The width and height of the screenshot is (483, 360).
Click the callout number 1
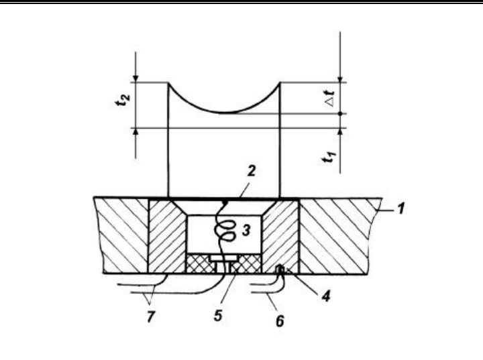click(x=400, y=208)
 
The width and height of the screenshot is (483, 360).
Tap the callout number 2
click(x=252, y=171)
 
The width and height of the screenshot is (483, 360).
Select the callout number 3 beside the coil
click(x=246, y=231)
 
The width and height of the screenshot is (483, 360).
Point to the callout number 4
click(x=325, y=296)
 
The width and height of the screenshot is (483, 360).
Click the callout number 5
click(x=218, y=315)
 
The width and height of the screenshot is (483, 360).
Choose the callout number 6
click(x=279, y=321)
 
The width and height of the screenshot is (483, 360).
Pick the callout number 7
click(x=150, y=316)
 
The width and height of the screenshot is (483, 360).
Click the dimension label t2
click(x=123, y=99)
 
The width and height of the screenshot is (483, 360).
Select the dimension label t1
click(x=329, y=156)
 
